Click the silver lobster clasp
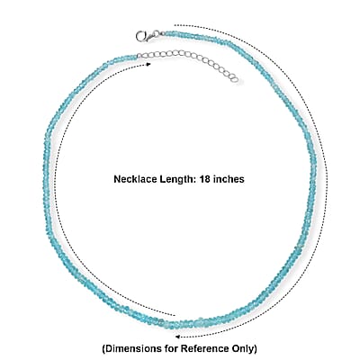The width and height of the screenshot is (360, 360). click(145, 36)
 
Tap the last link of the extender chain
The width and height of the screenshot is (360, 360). click(235, 79)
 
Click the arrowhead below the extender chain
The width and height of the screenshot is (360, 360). click(148, 64)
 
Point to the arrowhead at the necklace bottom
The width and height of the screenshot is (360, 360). click(177, 337)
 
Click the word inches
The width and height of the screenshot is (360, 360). click(228, 179)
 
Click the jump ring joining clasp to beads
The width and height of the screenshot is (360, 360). click(157, 33)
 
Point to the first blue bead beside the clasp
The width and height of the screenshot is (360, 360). click(167, 33)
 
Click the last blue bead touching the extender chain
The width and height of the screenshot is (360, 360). click(134, 56)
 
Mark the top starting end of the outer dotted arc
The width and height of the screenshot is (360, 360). click(175, 25)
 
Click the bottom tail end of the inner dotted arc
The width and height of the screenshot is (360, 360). click(175, 315)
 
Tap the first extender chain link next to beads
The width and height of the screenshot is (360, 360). click(139, 56)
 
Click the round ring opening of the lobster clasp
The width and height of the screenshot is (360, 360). click(140, 36)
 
